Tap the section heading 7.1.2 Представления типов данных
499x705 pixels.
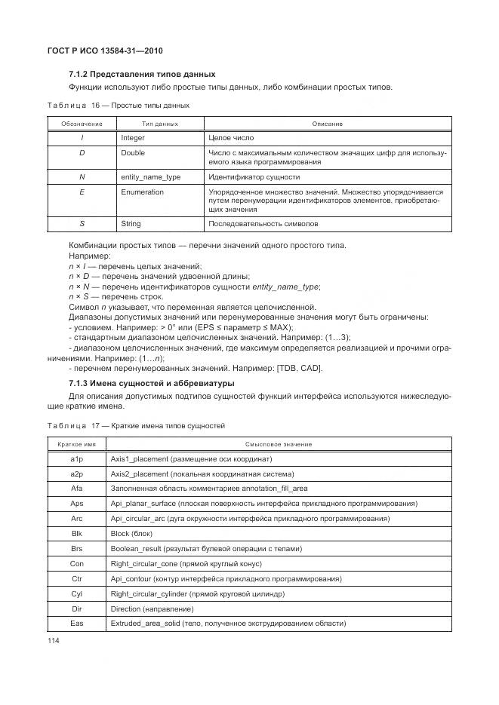pos(142,75)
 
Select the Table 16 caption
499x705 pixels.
pos(119,106)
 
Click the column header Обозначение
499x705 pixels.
pos(82,124)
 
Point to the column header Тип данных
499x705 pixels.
pos(160,124)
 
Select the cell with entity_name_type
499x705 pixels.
pos(150,177)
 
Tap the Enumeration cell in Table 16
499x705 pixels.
pos(142,192)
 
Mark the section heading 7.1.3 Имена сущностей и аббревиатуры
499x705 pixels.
pos(151,384)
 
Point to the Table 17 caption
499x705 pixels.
pos(136,426)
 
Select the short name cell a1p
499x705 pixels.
pos(76,459)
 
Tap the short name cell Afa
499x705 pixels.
pos(76,489)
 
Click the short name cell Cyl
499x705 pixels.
pos(76,593)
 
